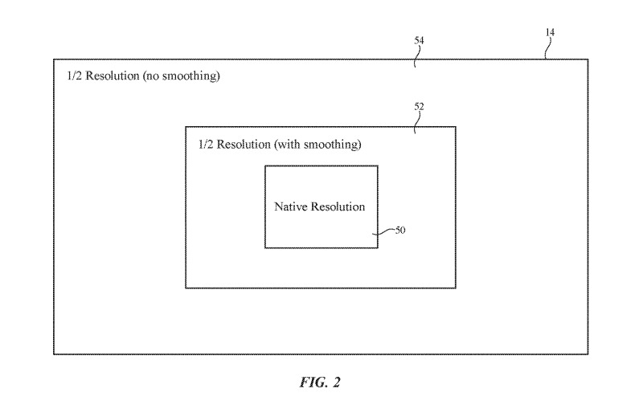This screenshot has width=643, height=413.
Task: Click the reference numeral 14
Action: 550,33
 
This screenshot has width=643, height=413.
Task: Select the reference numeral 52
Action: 419,105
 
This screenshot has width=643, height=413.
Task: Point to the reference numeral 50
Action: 399,231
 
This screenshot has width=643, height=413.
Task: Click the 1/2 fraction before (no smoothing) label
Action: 73,78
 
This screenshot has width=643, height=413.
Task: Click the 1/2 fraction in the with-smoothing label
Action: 205,145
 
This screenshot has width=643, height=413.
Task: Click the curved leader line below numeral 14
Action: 547,49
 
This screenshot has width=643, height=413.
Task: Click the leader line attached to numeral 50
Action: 384,232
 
